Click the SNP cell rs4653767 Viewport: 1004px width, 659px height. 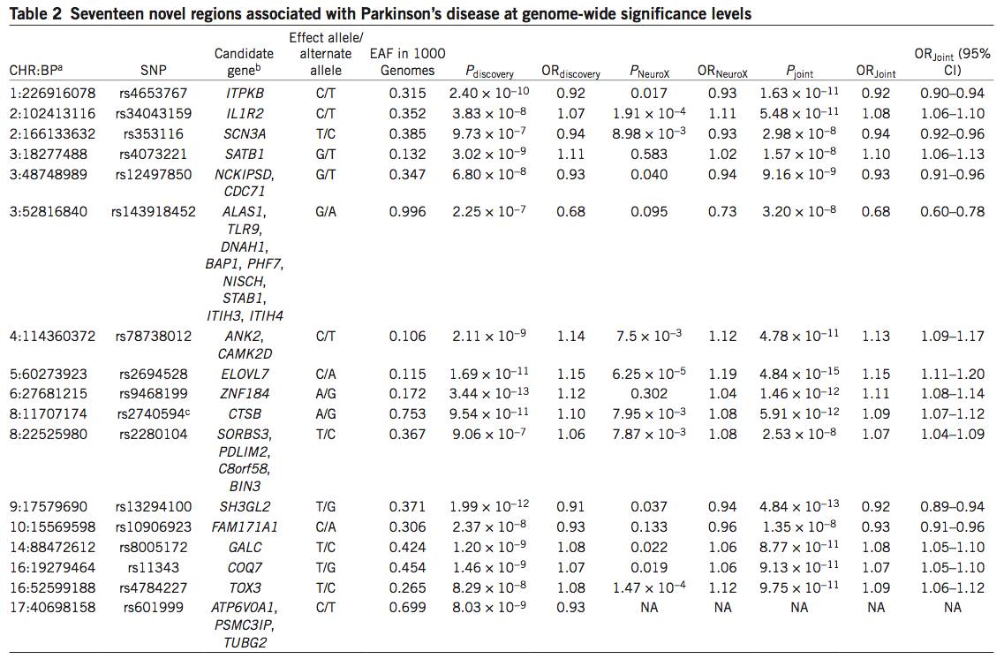tap(154, 94)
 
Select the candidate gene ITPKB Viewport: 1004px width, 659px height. tap(244, 94)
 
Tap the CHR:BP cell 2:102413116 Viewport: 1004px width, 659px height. tap(51, 114)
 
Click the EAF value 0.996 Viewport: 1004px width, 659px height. tap(408, 212)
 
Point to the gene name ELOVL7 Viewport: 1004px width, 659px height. tap(244, 375)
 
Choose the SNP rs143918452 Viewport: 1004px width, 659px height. tap(154, 212)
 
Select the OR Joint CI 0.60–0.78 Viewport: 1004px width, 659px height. tap(952, 212)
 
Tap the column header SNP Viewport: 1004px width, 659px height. tap(154, 72)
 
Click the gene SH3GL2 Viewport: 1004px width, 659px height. tap(244, 507)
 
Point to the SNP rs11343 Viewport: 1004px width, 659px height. tap(154, 568)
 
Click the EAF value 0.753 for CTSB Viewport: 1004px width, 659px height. tap(408, 413)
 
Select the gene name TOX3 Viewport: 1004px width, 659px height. tap(244, 587)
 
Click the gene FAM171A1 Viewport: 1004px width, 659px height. tap(244, 527)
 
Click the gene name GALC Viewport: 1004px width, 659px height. tap(244, 548)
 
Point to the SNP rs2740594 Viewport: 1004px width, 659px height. tap(154, 413)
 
